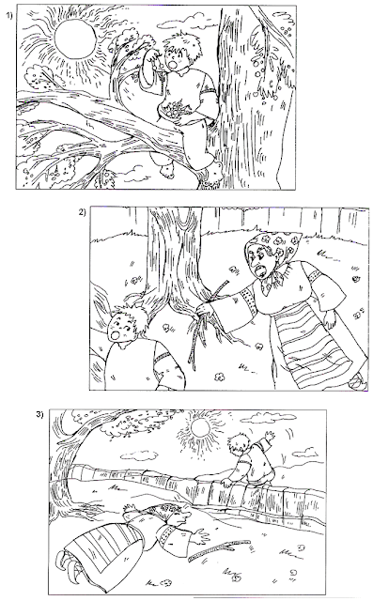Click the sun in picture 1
tap(75, 39)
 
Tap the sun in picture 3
tap(203, 428)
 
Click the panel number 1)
tap(9, 15)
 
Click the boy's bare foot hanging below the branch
tap(164, 166)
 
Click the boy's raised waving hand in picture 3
tap(270, 438)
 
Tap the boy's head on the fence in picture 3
tap(237, 445)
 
